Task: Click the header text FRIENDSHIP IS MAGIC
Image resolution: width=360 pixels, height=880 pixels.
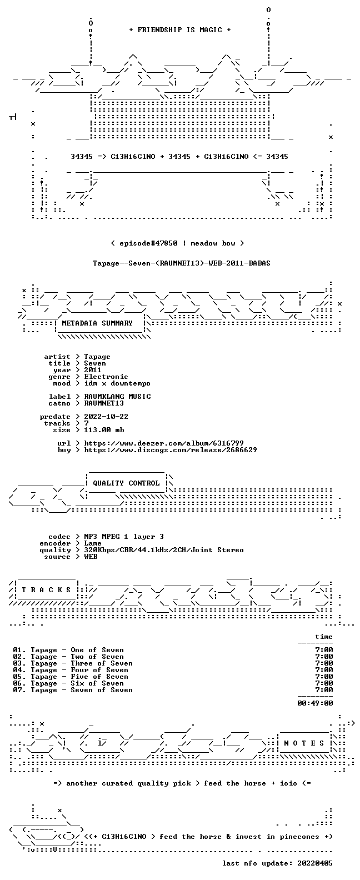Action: click(x=179, y=30)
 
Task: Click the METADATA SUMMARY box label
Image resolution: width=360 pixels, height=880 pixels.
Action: click(x=97, y=323)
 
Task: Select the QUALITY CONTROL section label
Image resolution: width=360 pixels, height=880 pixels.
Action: click(x=126, y=483)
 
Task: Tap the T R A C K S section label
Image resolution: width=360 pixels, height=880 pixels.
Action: click(x=46, y=589)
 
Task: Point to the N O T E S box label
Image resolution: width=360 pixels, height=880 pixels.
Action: click(x=304, y=743)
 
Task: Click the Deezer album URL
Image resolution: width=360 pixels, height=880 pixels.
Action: click(x=164, y=443)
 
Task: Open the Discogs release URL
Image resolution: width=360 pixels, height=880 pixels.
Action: click(x=171, y=450)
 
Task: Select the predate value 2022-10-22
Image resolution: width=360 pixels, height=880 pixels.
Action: click(x=106, y=417)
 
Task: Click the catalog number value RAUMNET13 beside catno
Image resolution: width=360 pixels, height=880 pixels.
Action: click(x=104, y=403)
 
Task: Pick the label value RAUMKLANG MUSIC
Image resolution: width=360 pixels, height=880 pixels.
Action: click(x=118, y=397)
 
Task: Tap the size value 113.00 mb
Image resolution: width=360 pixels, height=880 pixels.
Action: click(x=104, y=430)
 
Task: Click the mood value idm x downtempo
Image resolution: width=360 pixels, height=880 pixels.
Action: click(x=117, y=383)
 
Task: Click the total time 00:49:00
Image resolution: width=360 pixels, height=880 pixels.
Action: click(x=315, y=703)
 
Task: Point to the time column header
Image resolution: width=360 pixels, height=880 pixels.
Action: click(x=324, y=637)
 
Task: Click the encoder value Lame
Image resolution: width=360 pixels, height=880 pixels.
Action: click(x=93, y=544)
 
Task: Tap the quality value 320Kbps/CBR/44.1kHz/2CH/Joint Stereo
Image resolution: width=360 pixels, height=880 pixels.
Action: click(x=164, y=551)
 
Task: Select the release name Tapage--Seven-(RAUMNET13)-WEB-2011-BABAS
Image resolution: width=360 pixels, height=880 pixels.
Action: click(x=182, y=263)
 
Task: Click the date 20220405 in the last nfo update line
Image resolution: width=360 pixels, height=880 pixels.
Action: click(x=315, y=863)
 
